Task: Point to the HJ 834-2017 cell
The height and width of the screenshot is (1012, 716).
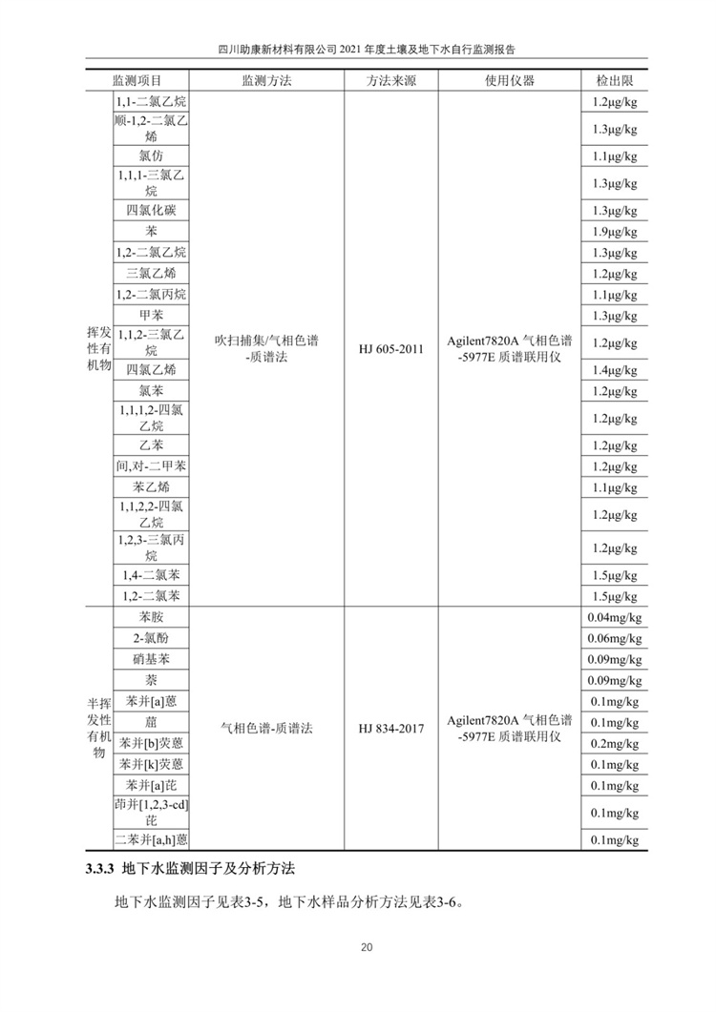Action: pyautogui.click(x=391, y=728)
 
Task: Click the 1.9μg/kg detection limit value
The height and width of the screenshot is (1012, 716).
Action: pyautogui.click(x=615, y=232)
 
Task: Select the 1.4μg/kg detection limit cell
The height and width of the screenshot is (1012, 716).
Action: pyautogui.click(x=615, y=370)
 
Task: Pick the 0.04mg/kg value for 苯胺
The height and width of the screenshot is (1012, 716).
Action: pyautogui.click(x=615, y=618)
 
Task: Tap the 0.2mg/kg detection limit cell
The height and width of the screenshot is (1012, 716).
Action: pyautogui.click(x=615, y=744)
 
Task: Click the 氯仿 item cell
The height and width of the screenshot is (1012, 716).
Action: pyautogui.click(x=151, y=155)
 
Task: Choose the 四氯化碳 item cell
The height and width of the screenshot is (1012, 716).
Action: pyautogui.click(x=151, y=210)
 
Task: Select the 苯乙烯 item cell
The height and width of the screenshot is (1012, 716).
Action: pyautogui.click(x=151, y=487)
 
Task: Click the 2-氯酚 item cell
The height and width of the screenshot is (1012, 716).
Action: pyautogui.click(x=151, y=638)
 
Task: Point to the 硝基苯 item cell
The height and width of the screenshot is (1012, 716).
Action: pyautogui.click(x=151, y=659)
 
